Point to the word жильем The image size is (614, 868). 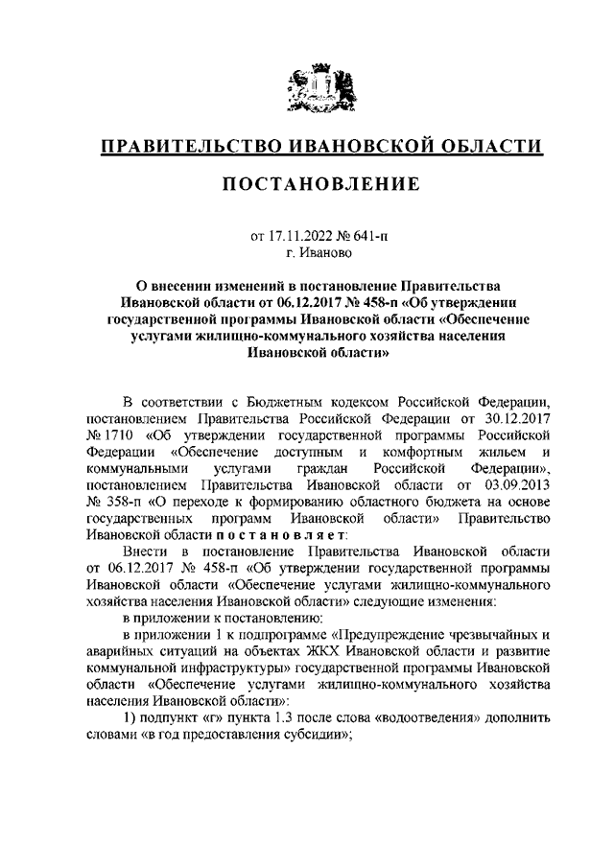(499, 451)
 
